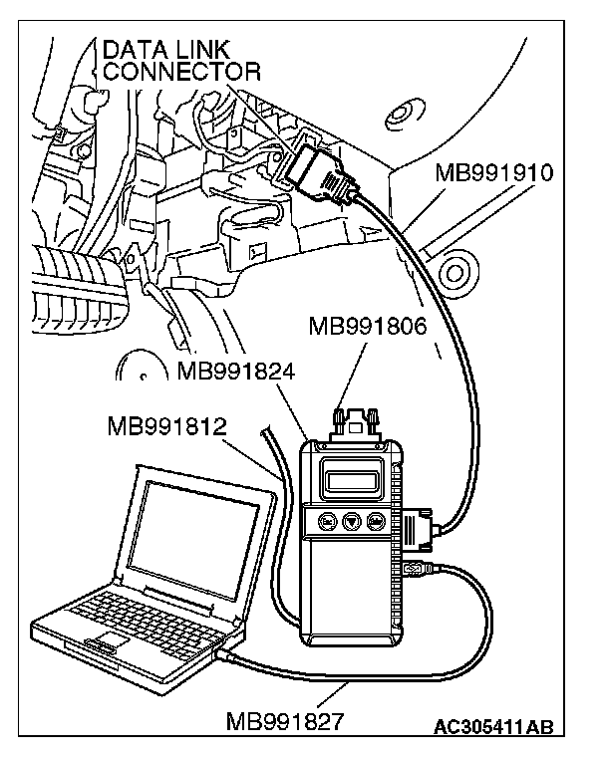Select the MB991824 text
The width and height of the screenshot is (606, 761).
(x=237, y=374)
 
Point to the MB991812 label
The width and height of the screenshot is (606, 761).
(x=167, y=426)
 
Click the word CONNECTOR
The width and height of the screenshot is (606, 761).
(x=182, y=71)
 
